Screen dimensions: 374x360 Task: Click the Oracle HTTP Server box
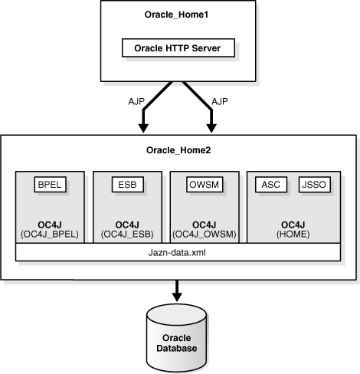pyautogui.click(x=178, y=48)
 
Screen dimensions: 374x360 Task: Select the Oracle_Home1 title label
pyautogui.click(x=178, y=15)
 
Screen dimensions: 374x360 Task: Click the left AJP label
pyautogui.click(x=139, y=100)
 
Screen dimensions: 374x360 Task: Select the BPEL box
pyautogui.click(x=50, y=185)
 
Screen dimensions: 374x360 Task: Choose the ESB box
pyautogui.click(x=126, y=185)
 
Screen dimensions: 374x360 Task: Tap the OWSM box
pyautogui.click(x=203, y=185)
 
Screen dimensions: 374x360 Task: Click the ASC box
pyautogui.click(x=271, y=185)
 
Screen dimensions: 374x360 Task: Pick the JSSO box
pyautogui.click(x=313, y=185)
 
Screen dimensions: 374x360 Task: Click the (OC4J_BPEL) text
pyautogui.click(x=50, y=233)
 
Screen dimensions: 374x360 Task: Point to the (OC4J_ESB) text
pyautogui.click(x=126, y=233)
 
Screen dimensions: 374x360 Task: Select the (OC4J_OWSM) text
pyautogui.click(x=203, y=233)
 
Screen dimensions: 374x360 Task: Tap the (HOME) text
pyautogui.click(x=292, y=233)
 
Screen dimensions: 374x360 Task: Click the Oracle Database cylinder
pyautogui.click(x=178, y=337)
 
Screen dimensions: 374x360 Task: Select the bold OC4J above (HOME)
pyautogui.click(x=292, y=223)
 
